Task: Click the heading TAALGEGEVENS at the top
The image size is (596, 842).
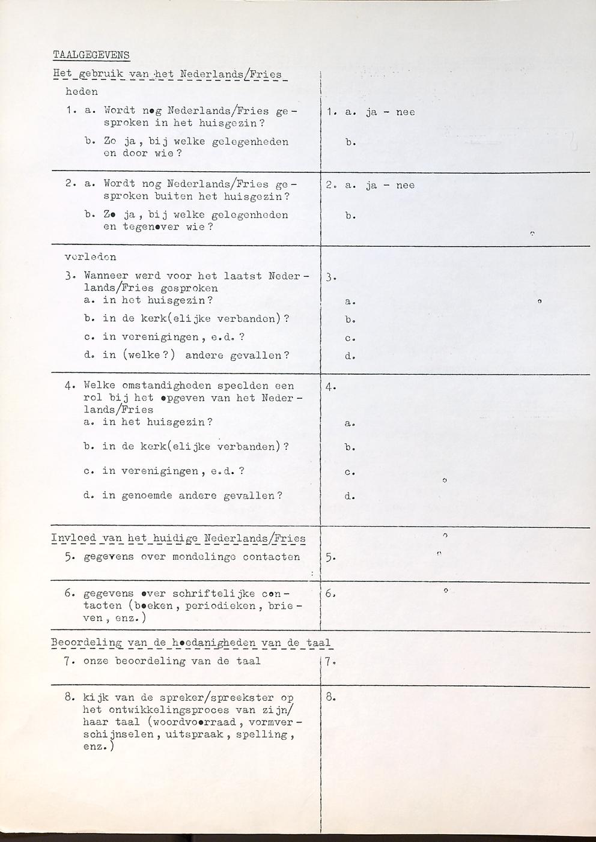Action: (x=91, y=55)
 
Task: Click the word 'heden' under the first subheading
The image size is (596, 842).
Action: (x=81, y=92)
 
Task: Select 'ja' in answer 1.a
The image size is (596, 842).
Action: (x=371, y=112)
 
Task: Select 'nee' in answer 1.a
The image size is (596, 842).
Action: (x=405, y=112)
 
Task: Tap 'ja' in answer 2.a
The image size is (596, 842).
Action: (x=371, y=186)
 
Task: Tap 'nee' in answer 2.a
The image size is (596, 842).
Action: (x=405, y=186)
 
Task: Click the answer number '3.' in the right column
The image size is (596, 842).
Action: (x=330, y=277)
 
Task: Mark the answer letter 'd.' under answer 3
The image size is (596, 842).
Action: (x=350, y=356)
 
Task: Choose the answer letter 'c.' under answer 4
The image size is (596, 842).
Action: (x=350, y=472)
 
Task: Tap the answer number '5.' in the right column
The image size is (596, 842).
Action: (x=330, y=557)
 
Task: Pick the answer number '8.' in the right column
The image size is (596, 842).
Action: (x=330, y=698)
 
